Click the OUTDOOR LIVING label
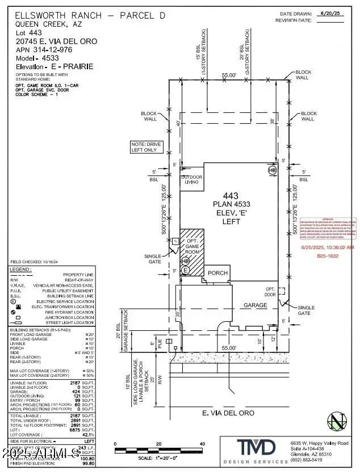pyautogui.click(x=191, y=179)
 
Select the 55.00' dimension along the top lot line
pyautogui.click(x=229, y=74)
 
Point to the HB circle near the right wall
pyautogui.click(x=272, y=169)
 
